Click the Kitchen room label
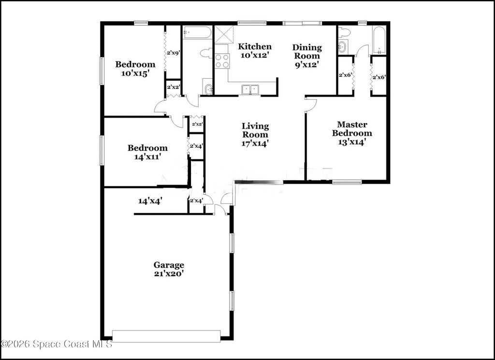click(x=254, y=51)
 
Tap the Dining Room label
click(x=307, y=56)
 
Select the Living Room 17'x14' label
click(x=255, y=135)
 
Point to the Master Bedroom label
click(x=352, y=133)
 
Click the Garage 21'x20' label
click(x=169, y=269)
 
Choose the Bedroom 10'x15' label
click(x=135, y=69)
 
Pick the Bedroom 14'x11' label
click(x=147, y=152)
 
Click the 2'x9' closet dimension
click(x=174, y=53)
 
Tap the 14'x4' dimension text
click(x=150, y=201)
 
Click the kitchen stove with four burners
click(x=221, y=61)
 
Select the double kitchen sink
click(x=250, y=89)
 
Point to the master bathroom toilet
click(x=344, y=32)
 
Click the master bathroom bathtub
click(x=379, y=40)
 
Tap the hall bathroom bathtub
click(x=197, y=32)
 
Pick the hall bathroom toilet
click(x=206, y=53)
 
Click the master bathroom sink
click(x=343, y=46)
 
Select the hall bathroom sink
click(x=208, y=89)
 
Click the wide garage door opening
click(x=166, y=336)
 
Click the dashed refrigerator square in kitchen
click(x=224, y=34)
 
